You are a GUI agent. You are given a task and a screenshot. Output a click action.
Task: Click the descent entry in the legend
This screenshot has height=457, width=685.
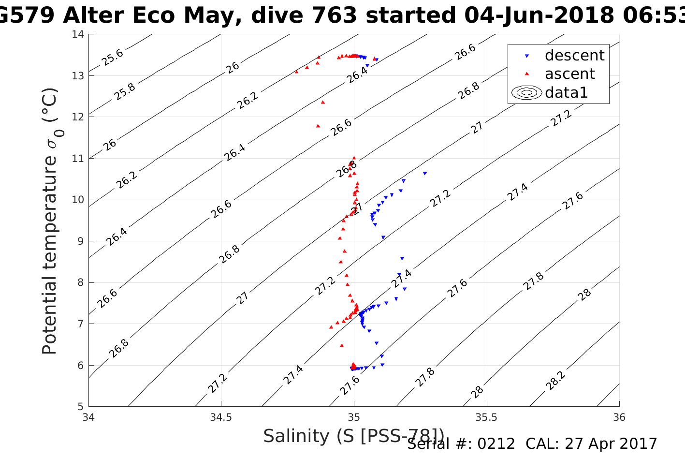point(574,56)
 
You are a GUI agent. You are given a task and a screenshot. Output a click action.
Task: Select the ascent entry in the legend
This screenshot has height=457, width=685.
point(569,74)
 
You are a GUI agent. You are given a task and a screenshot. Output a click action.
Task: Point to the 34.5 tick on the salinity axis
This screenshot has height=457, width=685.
point(221,417)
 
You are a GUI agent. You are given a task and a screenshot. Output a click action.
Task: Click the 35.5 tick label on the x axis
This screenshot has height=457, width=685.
point(486,417)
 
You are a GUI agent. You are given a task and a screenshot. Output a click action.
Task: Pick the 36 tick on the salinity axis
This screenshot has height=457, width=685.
point(619,417)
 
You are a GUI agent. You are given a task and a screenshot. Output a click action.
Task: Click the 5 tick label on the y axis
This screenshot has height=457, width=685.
point(81,406)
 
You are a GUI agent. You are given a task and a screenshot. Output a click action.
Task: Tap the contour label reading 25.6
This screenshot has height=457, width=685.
point(113,58)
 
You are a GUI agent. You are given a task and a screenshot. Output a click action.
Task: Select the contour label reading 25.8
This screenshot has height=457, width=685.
point(125,91)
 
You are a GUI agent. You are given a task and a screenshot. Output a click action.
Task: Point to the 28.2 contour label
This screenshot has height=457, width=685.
point(555,381)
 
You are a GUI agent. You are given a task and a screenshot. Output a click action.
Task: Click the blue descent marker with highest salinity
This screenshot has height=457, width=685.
point(425,173)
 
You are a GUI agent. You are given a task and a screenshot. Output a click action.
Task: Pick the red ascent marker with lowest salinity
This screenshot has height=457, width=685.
point(296,72)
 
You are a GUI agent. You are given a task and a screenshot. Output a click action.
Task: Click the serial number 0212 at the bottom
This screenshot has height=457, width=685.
point(496,444)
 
